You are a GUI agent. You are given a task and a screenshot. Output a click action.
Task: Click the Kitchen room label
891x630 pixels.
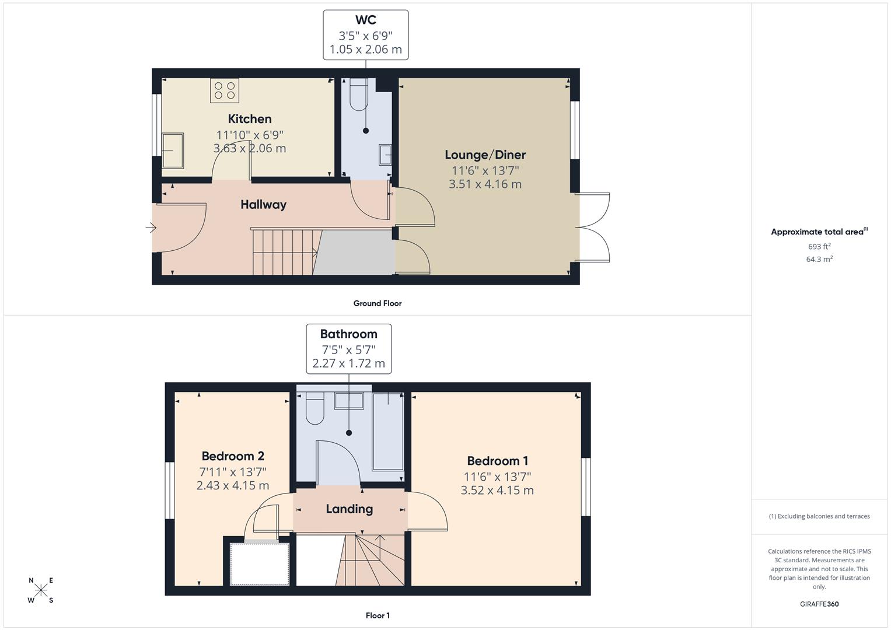point(250,119)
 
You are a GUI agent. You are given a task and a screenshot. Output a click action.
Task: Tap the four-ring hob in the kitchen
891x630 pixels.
point(225,90)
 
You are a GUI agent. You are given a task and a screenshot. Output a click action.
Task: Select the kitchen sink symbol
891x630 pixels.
point(173,150)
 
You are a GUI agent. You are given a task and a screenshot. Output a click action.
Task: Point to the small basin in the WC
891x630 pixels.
point(385,155)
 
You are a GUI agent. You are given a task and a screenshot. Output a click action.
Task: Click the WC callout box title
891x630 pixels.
point(366,20)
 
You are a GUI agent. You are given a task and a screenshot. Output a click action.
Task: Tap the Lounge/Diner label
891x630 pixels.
point(485,155)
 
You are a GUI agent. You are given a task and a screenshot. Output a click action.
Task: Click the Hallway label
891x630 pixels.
point(263,204)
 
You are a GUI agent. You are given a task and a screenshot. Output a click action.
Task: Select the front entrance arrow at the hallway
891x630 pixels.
point(151,228)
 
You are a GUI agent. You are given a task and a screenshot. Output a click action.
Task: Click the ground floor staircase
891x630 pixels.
point(284,251)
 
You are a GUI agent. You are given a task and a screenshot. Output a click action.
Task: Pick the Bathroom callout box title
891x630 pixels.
point(348,334)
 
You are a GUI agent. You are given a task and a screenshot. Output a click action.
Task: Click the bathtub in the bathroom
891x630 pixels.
point(387,432)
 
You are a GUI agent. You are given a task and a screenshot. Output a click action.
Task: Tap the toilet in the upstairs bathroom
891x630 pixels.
point(315,408)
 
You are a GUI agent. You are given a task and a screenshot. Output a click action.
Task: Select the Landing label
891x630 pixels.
point(349,509)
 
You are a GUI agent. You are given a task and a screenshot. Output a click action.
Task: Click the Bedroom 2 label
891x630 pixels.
point(233,456)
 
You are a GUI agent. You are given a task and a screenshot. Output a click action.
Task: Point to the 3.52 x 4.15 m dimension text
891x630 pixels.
point(497,491)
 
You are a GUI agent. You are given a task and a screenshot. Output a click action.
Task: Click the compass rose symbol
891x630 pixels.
point(41,590)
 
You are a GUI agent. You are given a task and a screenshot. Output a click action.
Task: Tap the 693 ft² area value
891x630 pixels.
point(819,247)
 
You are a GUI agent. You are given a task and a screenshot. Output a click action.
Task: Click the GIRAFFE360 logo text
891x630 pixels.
point(819,604)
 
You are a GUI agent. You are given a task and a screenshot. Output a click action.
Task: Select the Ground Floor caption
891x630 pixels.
point(378,303)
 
